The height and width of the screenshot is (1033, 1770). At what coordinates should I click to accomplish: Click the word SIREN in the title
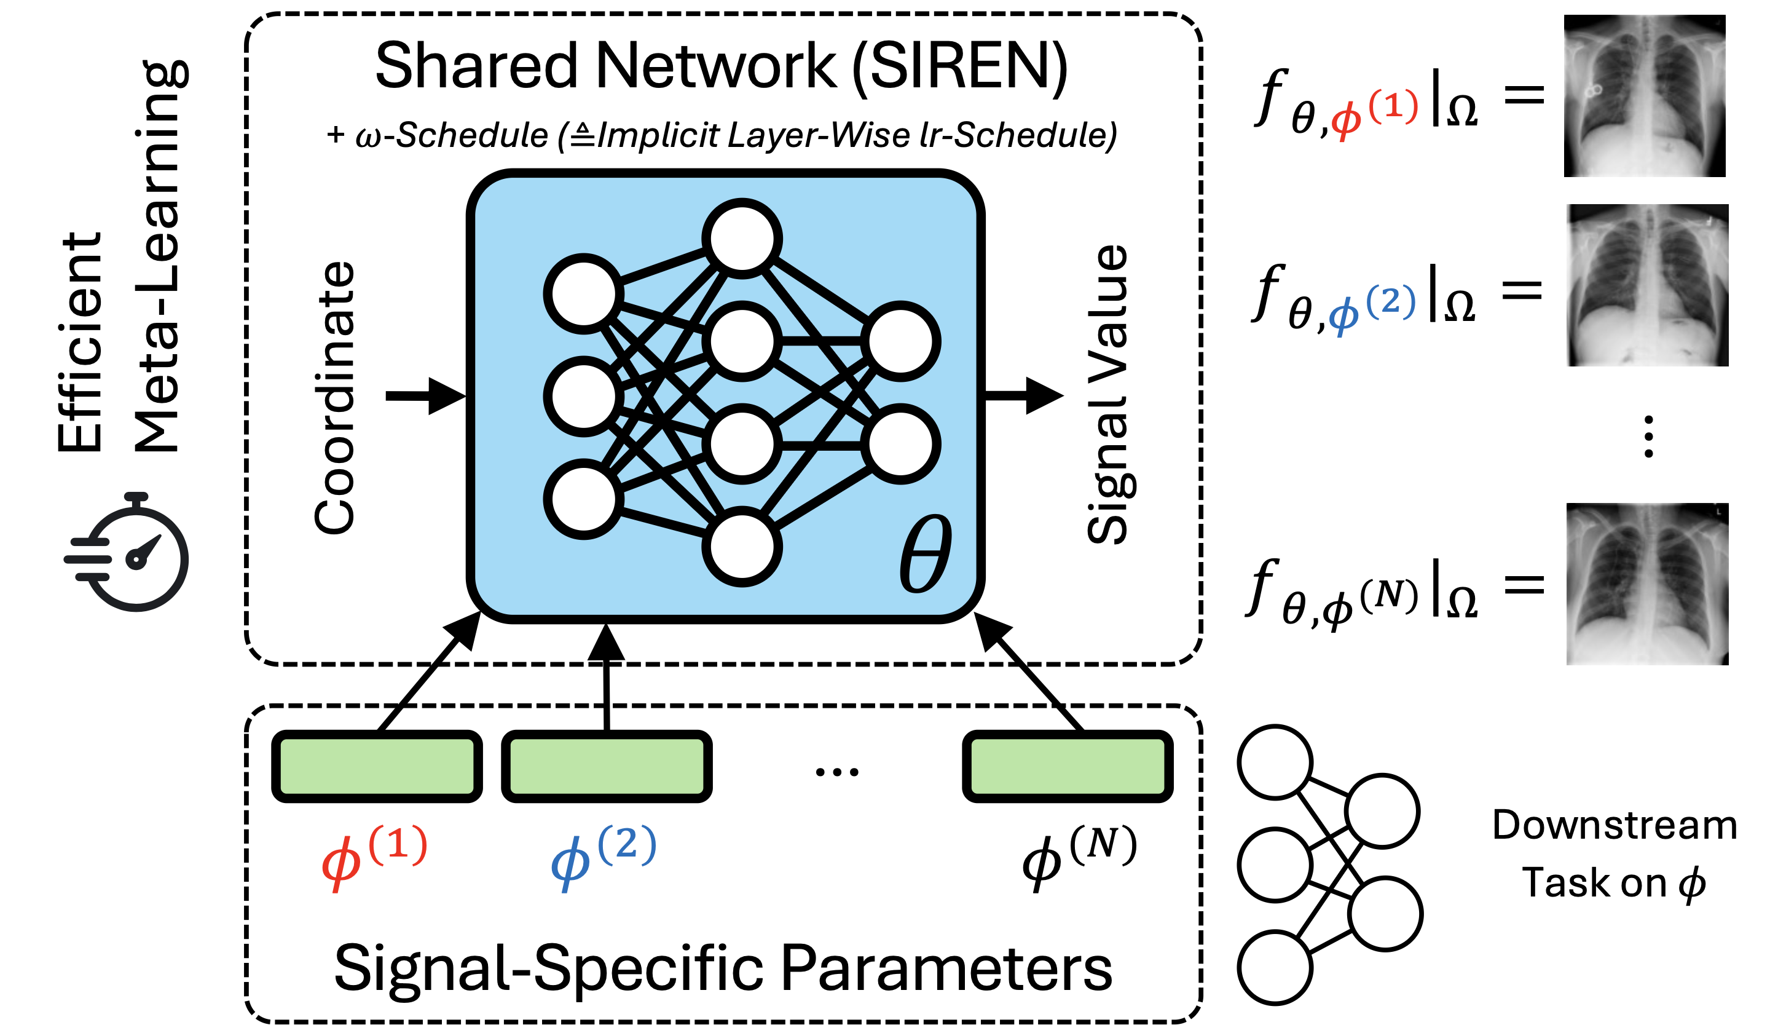pyautogui.click(x=959, y=67)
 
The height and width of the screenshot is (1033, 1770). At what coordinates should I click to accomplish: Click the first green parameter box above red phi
pyautogui.click(x=377, y=767)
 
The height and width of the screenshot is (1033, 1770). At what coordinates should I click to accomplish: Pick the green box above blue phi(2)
pyautogui.click(x=607, y=767)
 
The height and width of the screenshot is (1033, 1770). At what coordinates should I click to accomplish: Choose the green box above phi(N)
pyautogui.click(x=1068, y=767)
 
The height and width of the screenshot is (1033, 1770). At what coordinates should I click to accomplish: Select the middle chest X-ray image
pyautogui.click(x=1647, y=285)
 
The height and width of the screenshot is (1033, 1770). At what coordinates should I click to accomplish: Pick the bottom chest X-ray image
pyautogui.click(x=1647, y=584)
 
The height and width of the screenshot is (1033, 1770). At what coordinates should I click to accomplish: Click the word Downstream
pyautogui.click(x=1614, y=825)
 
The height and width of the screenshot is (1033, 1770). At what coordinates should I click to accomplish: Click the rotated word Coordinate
pyautogui.click(x=335, y=398)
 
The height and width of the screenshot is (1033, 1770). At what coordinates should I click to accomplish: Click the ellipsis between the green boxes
pyautogui.click(x=836, y=772)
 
